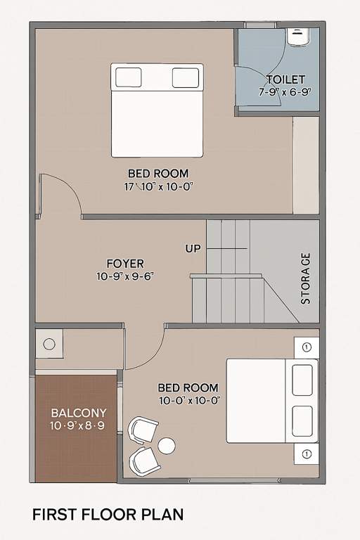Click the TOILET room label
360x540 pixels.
click(285, 79)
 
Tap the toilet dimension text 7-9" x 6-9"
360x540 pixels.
click(285, 91)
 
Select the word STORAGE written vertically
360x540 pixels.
click(306, 278)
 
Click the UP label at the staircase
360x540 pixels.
click(193, 248)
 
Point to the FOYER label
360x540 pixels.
click(125, 264)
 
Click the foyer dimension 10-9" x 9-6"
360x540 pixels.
click(125, 276)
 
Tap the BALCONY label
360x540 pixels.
click(78, 413)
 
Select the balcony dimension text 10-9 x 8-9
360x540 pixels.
click(78, 425)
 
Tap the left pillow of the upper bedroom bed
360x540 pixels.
click(129, 77)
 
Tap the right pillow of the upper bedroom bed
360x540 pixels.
click(186, 77)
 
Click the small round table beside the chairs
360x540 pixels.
click(167, 445)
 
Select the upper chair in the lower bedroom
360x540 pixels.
click(144, 430)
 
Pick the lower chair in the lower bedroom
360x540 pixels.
click(144, 461)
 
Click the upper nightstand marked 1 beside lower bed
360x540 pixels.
click(307, 347)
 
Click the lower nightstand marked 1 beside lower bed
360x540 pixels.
click(307, 454)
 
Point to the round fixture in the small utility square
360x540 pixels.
click(49, 345)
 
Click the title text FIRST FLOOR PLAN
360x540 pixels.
click(108, 515)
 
